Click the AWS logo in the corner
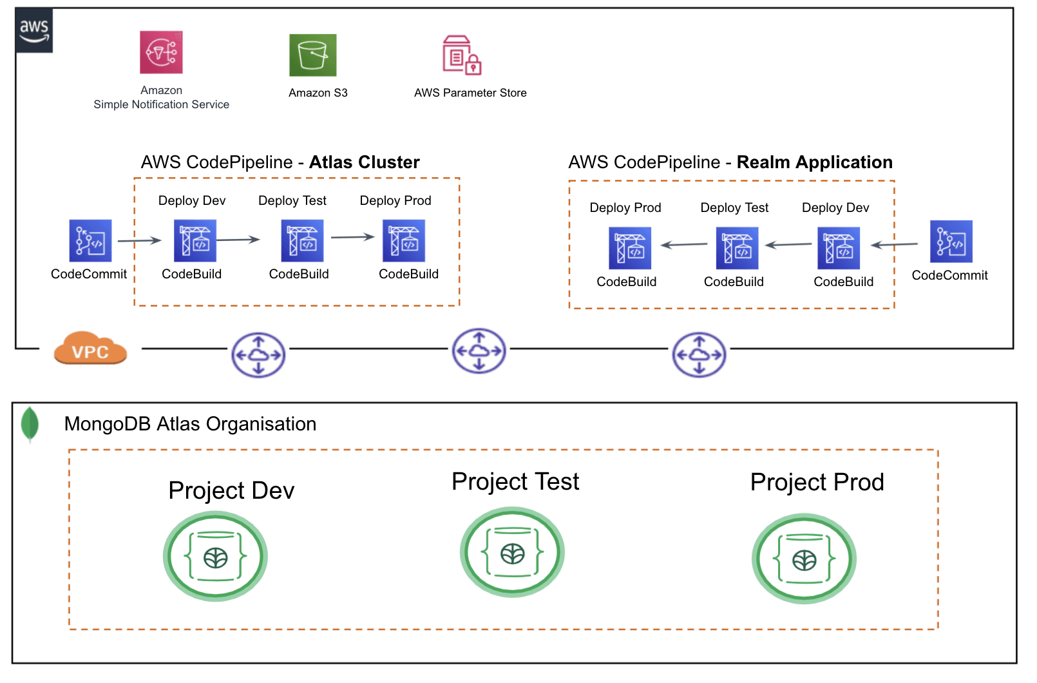click(x=34, y=30)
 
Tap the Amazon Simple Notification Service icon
click(x=161, y=52)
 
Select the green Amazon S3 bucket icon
click(x=313, y=55)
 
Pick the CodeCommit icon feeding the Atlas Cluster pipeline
click(x=90, y=241)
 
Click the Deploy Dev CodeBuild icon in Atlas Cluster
click(x=195, y=241)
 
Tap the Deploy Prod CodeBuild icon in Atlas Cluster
click(x=404, y=241)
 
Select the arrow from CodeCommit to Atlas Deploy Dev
click(x=139, y=241)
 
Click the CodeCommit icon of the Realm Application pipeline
click(x=951, y=242)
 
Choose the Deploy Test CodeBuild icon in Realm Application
click(x=737, y=248)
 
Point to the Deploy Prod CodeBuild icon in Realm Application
click(x=630, y=248)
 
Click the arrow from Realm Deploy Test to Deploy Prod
click(x=684, y=245)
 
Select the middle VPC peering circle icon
click(x=479, y=351)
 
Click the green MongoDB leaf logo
click(x=30, y=424)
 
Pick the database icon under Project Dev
click(x=215, y=556)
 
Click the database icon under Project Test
click(x=512, y=552)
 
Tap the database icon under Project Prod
click(x=804, y=559)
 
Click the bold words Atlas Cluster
click(x=364, y=162)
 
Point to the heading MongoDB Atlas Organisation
click(x=190, y=424)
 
